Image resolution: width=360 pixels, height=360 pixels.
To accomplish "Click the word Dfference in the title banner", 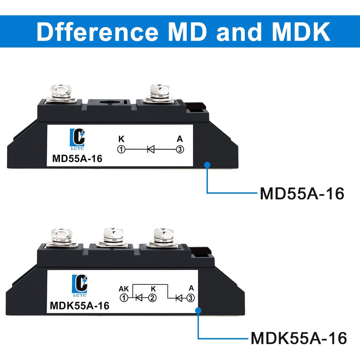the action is (98, 31).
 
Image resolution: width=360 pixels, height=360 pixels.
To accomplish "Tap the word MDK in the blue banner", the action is (301, 31).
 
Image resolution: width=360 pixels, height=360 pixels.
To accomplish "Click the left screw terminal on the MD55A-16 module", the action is (61, 94).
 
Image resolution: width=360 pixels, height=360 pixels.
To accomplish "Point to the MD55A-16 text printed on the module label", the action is (77, 159).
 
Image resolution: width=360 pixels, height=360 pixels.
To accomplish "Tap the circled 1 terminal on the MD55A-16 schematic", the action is (121, 149).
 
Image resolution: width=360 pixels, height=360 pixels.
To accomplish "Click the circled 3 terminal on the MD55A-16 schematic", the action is (180, 149).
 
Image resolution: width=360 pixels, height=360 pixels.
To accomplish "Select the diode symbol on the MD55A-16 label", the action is (151, 149).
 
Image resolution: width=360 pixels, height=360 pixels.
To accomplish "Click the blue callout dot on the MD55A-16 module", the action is (207, 165).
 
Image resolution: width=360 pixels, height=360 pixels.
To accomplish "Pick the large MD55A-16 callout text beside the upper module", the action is (302, 193).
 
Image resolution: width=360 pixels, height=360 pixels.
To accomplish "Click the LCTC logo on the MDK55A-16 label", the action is (80, 286).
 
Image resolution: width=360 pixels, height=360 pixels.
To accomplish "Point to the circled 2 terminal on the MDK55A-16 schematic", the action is (152, 298).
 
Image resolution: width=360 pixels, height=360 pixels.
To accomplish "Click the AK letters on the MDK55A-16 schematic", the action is (124, 289).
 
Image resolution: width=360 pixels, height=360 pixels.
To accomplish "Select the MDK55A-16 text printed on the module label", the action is (80, 306).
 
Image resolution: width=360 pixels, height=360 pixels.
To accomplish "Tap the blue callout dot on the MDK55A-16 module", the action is (198, 310).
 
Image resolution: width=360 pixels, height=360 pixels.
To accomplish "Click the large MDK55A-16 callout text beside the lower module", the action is (298, 338).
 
